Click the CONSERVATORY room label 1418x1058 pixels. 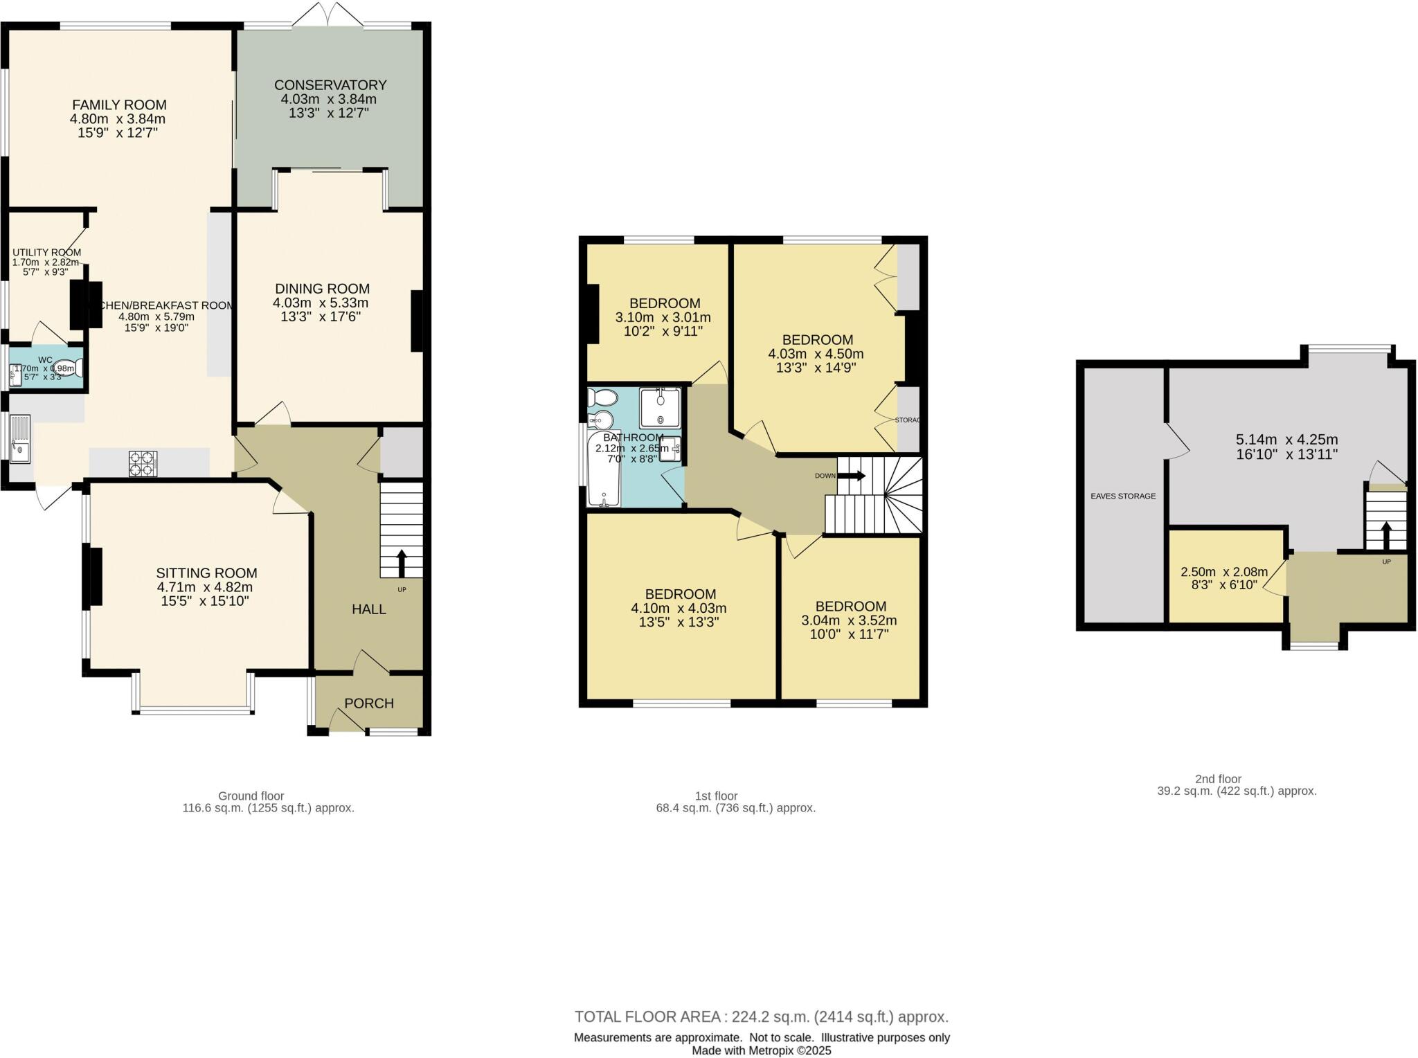(330, 85)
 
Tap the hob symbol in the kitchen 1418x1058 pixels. (143, 463)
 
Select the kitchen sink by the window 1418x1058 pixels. (20, 438)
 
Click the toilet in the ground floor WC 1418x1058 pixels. (66, 368)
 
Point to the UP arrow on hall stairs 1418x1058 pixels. (401, 562)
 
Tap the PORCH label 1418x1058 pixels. (369, 703)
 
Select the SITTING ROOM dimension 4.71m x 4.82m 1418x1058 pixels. (205, 587)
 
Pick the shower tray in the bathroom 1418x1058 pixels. (660, 408)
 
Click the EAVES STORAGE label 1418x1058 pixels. (1123, 496)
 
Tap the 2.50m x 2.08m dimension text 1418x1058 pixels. (1224, 572)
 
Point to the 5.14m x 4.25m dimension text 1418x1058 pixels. (1286, 440)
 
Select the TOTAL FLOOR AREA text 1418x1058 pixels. (761, 1016)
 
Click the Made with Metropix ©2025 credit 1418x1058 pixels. (761, 1050)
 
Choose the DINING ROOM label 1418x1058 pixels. (322, 289)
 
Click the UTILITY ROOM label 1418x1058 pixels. (46, 253)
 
